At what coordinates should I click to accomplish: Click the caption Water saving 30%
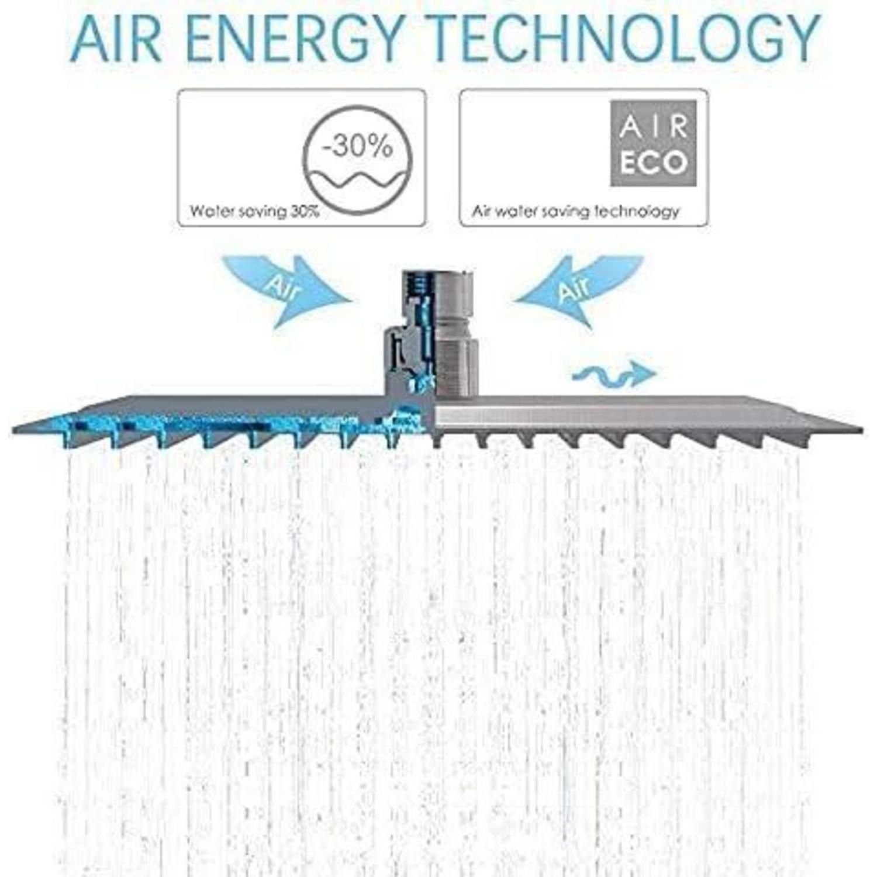click(x=254, y=211)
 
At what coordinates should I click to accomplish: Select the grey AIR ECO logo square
click(x=654, y=143)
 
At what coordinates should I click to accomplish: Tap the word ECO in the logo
click(x=654, y=163)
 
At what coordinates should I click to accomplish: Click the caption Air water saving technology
click(x=575, y=211)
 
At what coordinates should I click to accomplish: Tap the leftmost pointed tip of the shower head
click(x=13, y=431)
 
